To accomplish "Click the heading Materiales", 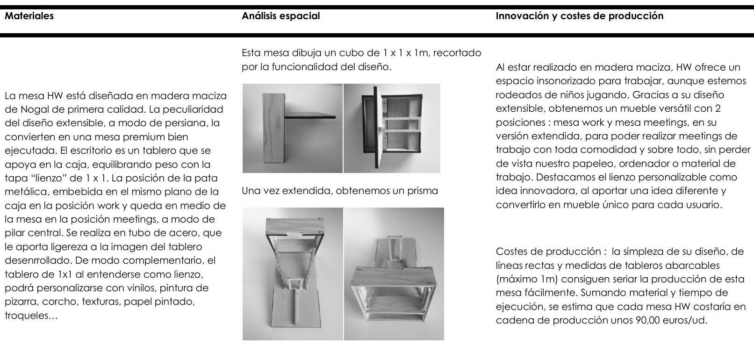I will click(29, 16).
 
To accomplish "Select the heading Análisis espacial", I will click(280, 16).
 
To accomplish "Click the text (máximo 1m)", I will click(526, 279).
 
